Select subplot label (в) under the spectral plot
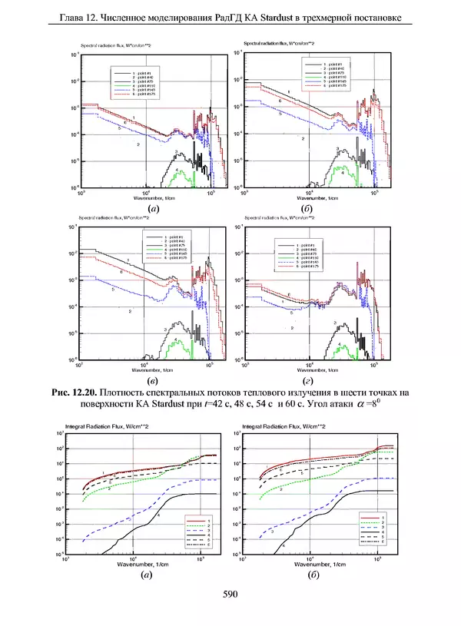[153, 381]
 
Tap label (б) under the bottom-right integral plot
[313, 574]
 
